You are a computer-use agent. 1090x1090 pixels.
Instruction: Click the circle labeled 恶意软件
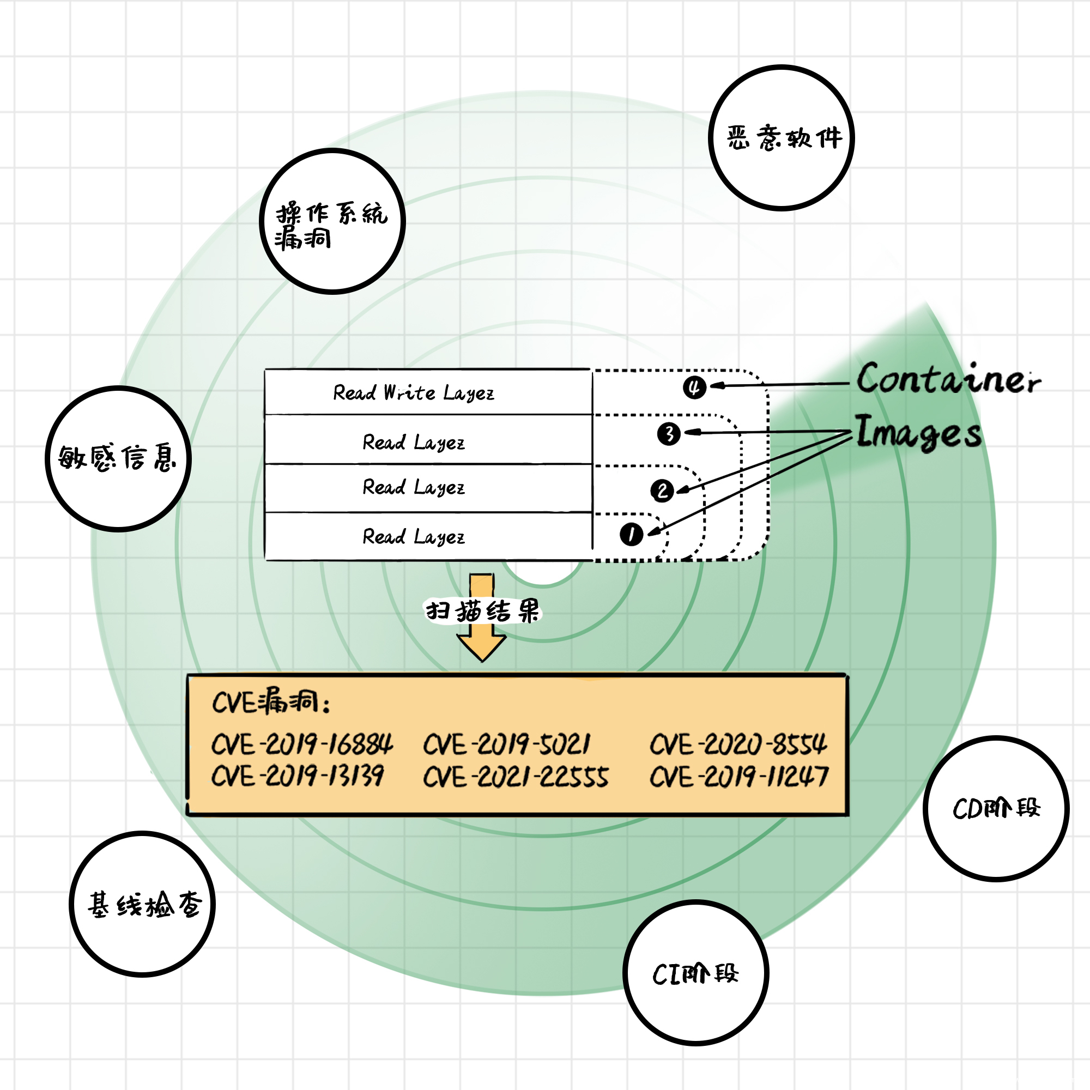[x=782, y=138]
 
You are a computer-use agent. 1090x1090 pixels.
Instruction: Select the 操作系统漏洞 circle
[x=332, y=222]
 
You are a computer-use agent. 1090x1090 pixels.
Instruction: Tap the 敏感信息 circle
[x=118, y=459]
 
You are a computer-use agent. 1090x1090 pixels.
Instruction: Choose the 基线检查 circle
[x=142, y=904]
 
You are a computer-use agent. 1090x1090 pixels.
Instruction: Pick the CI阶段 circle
[x=695, y=973]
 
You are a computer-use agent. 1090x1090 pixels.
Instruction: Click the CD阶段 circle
[x=996, y=808]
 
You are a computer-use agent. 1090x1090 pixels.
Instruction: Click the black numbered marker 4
[x=694, y=387]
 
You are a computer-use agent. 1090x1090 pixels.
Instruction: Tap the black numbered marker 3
[x=669, y=434]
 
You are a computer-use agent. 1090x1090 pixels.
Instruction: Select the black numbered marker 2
[x=662, y=491]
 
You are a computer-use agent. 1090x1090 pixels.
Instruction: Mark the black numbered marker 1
[x=631, y=534]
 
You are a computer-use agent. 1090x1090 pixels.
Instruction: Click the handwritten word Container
[x=948, y=379]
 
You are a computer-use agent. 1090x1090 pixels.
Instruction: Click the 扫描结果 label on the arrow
[x=482, y=611]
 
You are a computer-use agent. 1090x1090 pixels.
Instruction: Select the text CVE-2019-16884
[x=302, y=744]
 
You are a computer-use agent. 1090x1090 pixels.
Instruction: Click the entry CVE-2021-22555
[x=516, y=777]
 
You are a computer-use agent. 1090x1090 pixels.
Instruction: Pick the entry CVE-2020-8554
[x=738, y=744]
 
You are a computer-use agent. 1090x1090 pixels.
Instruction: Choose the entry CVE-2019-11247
[x=738, y=777]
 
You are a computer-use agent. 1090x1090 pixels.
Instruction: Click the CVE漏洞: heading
[x=271, y=703]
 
